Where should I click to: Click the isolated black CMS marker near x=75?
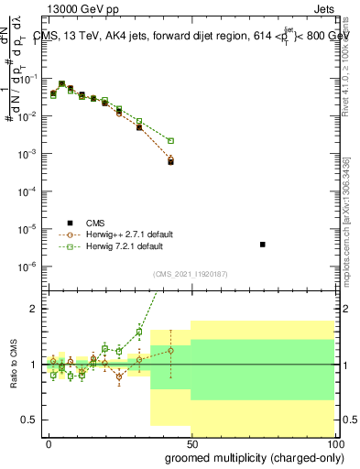coord(263,245)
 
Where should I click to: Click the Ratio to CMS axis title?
coord(15,364)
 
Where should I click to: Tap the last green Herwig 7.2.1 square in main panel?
coord(170,140)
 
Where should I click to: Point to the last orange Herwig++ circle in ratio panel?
coord(170,350)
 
